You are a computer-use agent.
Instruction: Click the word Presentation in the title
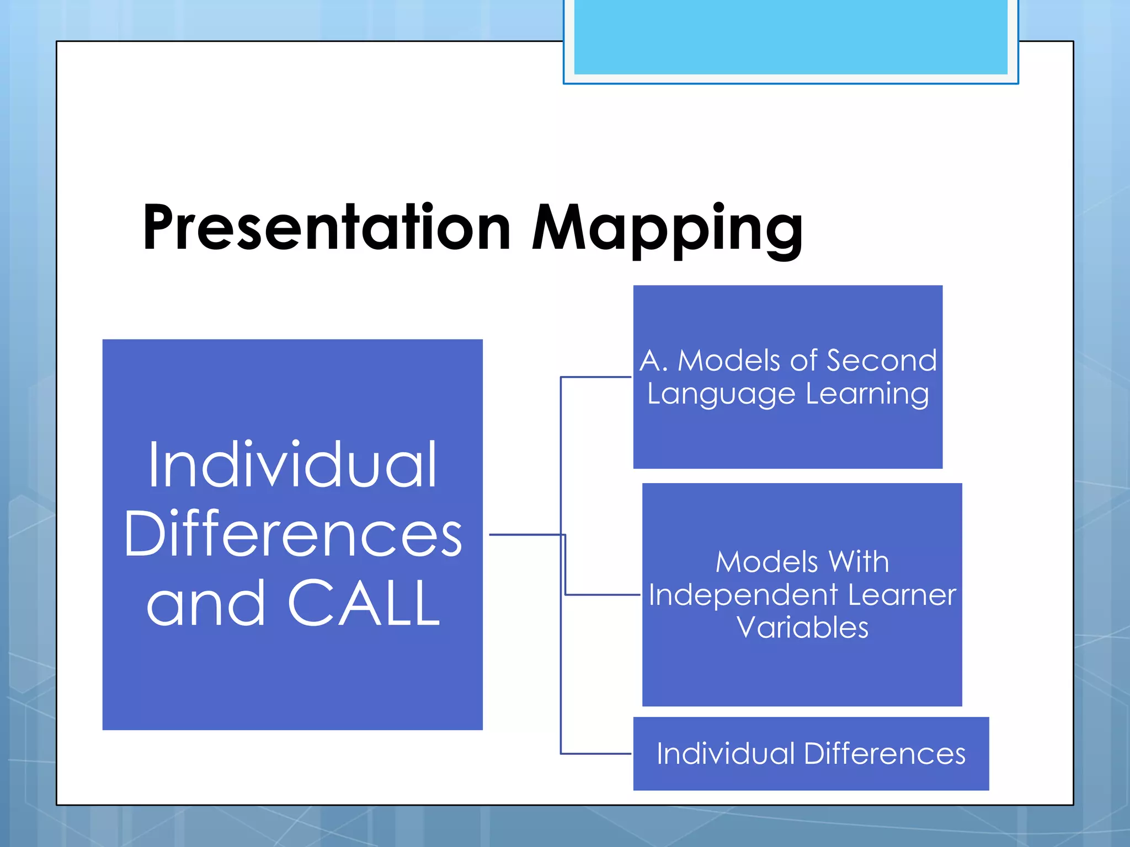tap(327, 228)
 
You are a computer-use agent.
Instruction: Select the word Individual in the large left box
tap(292, 466)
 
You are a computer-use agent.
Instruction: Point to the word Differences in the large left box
tap(292, 534)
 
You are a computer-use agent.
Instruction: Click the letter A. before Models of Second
tap(653, 361)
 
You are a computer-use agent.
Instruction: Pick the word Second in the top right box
tap(881, 361)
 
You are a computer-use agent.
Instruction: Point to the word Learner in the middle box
tap(902, 596)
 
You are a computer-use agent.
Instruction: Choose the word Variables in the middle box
tap(802, 628)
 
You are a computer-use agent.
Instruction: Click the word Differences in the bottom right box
tap(884, 754)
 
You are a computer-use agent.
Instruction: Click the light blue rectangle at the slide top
tap(790, 36)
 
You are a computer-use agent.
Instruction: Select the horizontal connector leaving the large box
tap(524, 534)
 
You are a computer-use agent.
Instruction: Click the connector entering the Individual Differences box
tap(596, 754)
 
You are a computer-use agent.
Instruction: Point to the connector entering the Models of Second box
tap(596, 377)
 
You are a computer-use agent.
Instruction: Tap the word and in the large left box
tap(205, 604)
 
